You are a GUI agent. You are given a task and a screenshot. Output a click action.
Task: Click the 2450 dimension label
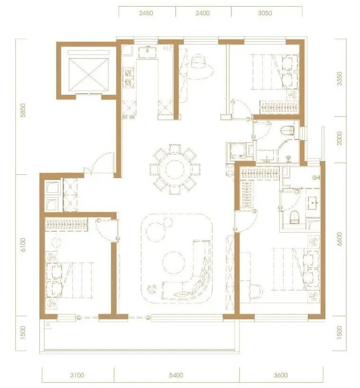coord(146,13)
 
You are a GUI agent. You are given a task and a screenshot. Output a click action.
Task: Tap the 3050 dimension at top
coord(265,13)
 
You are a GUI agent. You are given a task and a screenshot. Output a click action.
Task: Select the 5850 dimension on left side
coord(23,110)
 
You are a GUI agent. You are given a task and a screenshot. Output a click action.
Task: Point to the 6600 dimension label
coord(339,239)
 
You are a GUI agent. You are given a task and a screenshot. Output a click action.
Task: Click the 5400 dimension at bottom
coord(176,375)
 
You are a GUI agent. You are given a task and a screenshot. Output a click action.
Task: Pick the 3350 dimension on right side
coord(339,79)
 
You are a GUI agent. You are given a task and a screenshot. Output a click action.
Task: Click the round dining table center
coord(175,169)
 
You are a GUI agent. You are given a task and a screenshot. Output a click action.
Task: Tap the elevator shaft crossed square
coord(89,75)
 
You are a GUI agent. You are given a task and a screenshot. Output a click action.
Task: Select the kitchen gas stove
coord(129,77)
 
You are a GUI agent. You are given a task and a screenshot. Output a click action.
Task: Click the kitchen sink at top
coord(147,52)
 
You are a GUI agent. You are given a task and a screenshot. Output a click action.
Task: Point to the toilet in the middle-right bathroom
coord(288,130)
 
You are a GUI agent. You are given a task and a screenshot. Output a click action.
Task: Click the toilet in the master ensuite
coord(295,217)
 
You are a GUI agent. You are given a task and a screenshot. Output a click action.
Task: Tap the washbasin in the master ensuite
coord(314,203)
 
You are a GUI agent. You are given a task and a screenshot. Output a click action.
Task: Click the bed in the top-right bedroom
coord(275,72)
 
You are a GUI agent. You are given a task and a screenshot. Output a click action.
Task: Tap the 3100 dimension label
coord(77,375)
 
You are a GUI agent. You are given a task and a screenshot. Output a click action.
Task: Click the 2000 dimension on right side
coord(339,138)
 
